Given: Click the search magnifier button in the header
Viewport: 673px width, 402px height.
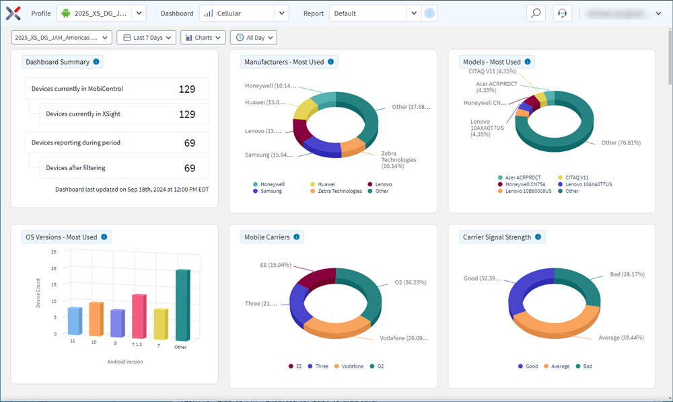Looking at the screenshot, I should pyautogui.click(x=536, y=13).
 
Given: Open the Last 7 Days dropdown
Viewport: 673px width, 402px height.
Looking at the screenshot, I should pyautogui.click(x=146, y=38).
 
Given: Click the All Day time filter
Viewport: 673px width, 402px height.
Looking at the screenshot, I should pyautogui.click(x=253, y=38).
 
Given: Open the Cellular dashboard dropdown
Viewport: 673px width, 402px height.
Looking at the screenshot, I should pyautogui.click(x=244, y=13).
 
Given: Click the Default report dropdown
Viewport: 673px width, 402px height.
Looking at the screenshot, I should pyautogui.click(x=375, y=13).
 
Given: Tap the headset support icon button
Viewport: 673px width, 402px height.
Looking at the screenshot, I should pyautogui.click(x=563, y=13).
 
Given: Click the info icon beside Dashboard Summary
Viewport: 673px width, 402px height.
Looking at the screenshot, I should pyautogui.click(x=96, y=62).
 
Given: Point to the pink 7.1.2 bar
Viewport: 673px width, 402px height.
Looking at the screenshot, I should pyautogui.click(x=139, y=316).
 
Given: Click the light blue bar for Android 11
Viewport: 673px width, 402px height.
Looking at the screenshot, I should pyautogui.click(x=74, y=321).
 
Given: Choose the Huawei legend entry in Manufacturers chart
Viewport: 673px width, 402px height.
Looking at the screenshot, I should pyautogui.click(x=326, y=184).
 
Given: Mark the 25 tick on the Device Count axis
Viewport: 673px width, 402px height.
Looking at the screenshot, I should pyautogui.click(x=54, y=251).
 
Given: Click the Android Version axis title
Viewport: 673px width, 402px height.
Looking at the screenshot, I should pyautogui.click(x=125, y=362).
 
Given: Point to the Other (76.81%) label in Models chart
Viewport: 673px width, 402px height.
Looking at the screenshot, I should pyautogui.click(x=621, y=143).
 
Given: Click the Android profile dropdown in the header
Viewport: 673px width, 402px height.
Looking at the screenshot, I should pyautogui.click(x=100, y=13).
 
